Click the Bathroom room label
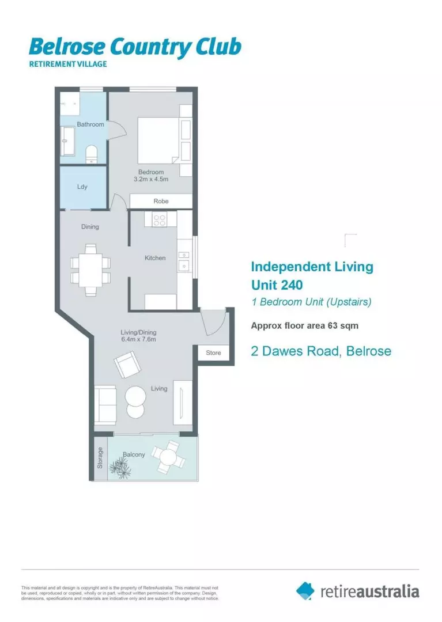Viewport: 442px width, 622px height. tap(90, 124)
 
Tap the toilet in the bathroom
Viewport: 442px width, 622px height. tap(90, 153)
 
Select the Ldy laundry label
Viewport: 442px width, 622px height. tap(82, 187)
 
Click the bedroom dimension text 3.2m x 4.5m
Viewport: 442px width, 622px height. tap(151, 180)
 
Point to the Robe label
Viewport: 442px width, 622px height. tap(160, 202)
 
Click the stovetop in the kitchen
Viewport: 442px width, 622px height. tap(160, 219)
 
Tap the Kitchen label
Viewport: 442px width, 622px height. tap(155, 258)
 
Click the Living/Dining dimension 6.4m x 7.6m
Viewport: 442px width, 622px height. tap(138, 339)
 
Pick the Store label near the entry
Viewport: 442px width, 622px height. tap(213, 353)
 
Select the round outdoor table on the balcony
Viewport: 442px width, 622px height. tap(168, 458)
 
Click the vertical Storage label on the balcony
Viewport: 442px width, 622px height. tap(100, 458)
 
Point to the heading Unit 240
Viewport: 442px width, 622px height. tap(277, 285)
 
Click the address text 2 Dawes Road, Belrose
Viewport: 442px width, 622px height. tap(321, 351)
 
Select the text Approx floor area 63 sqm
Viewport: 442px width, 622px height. tap(304, 325)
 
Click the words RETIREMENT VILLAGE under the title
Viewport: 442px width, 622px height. tap(68, 64)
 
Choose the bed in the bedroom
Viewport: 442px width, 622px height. tap(158, 140)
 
